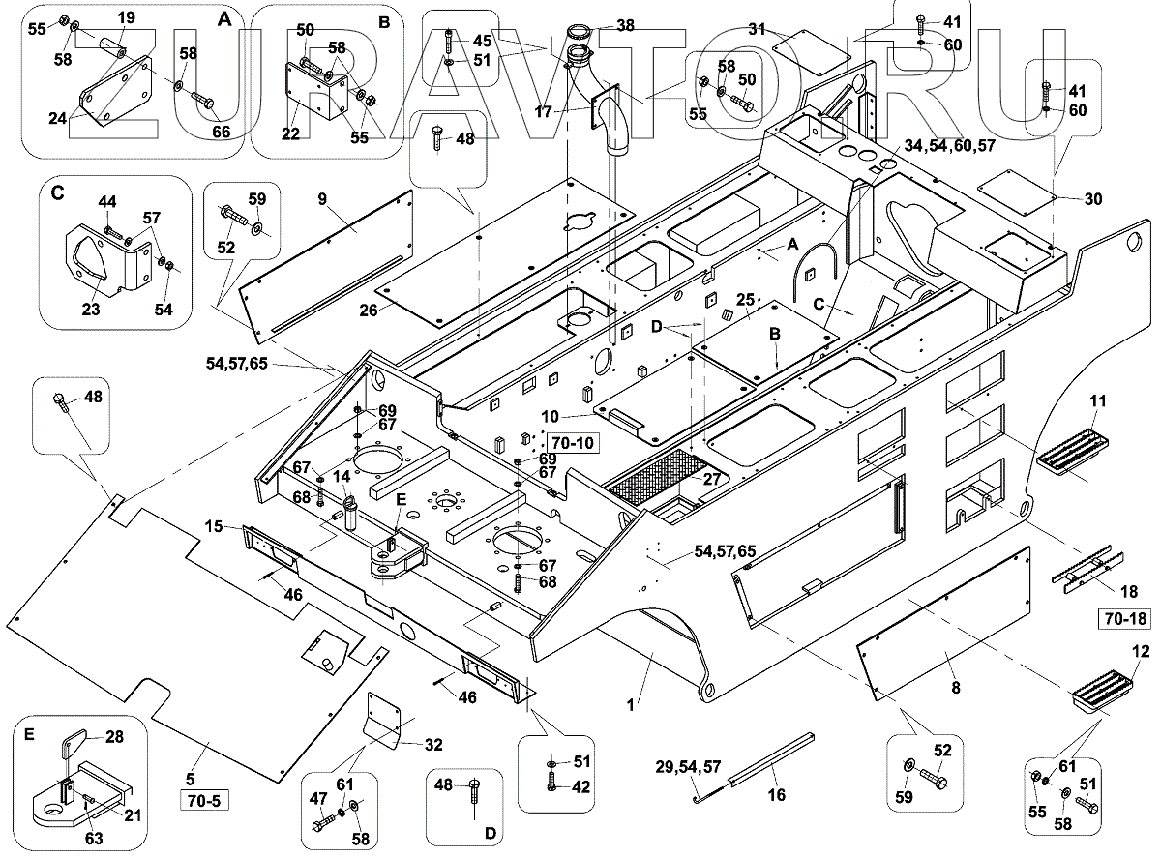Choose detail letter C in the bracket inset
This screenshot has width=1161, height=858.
58,192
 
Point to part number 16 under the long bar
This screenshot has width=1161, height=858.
776,795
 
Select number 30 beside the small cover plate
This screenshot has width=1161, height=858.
1093,199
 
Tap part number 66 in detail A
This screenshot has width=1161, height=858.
222,132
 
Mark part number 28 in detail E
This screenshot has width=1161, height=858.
113,737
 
